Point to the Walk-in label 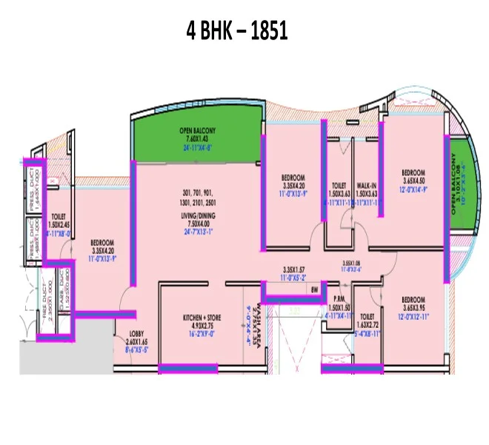[367, 186]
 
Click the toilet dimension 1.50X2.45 [59, 223]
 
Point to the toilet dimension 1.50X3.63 [339, 194]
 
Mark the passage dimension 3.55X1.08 [350, 263]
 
